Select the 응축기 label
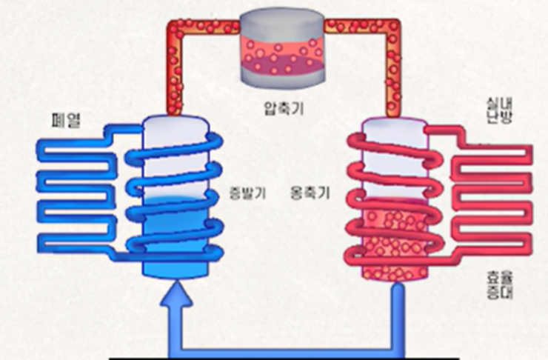point(310,194)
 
